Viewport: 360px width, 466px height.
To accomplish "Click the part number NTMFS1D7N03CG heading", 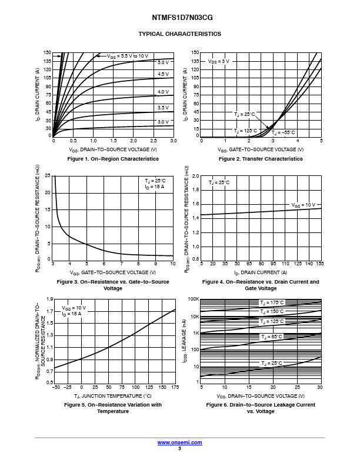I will tap(179, 18).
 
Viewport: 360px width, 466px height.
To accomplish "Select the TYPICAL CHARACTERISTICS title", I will tap(179, 34).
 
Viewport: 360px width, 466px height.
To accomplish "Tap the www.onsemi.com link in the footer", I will tap(179, 442).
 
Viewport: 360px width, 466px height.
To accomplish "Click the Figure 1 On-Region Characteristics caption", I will tap(113, 159).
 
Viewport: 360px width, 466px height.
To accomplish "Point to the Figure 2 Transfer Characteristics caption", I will tap(261, 159).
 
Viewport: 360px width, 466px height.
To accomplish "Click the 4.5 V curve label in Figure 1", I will tap(163, 74).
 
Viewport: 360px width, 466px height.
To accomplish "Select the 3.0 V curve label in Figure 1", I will tap(163, 122).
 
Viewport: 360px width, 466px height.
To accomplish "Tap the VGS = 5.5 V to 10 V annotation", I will tap(128, 56).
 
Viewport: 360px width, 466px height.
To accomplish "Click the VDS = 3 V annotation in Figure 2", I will tap(219, 61).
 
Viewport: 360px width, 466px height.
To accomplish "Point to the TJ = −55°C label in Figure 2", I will tap(283, 132).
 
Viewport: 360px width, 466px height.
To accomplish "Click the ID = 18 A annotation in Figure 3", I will tap(155, 187).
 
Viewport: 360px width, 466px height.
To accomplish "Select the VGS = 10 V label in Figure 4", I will tap(304, 205).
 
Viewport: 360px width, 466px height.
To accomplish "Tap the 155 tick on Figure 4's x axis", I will tap(321, 264).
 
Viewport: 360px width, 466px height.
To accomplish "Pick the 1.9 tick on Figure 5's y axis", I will tap(49, 300).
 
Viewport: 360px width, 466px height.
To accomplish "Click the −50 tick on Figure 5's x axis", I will tap(55, 388).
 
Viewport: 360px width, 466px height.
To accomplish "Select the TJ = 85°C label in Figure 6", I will tap(271, 337).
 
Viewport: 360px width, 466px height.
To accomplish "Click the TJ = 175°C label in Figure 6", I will tap(272, 302).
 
